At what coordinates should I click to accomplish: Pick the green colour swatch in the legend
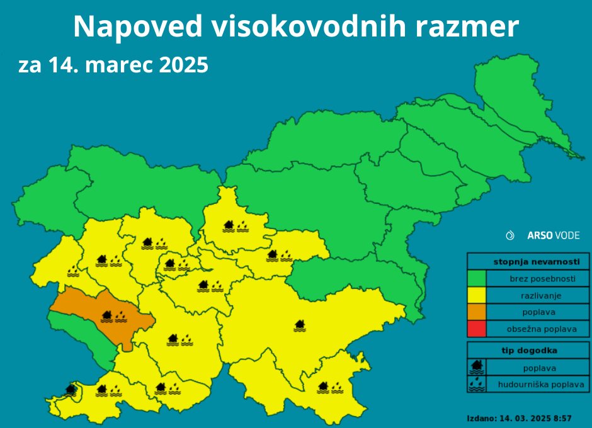pos(477,278)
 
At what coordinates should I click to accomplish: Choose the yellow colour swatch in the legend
pos(477,295)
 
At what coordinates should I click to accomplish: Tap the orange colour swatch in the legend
pos(477,312)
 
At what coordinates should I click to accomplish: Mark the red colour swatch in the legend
pos(477,329)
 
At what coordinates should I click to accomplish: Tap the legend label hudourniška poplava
pos(541,384)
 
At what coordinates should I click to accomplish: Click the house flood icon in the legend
pos(477,367)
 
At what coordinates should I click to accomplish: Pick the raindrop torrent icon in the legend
pos(477,383)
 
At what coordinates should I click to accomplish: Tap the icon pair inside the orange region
pos(113,315)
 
